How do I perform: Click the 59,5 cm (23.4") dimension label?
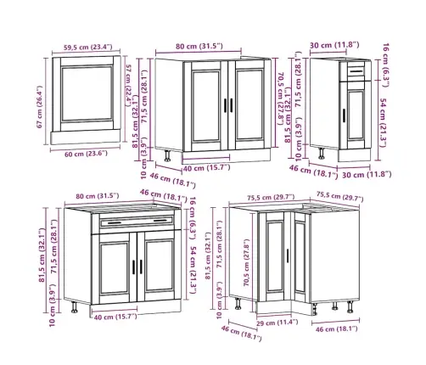coord(88,47)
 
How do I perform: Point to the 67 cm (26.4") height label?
coord(40,107)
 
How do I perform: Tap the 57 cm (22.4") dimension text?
coord(129,85)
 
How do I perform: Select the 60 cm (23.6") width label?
coord(87,154)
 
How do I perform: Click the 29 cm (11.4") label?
coord(277,323)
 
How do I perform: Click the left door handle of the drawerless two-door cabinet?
coord(226,105)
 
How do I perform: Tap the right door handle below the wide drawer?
coord(141,267)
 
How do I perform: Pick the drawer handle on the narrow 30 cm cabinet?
coord(356,71)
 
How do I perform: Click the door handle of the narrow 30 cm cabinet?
coord(344,115)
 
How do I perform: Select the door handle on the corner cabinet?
coord(288,255)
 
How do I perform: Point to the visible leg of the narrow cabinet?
coord(322,154)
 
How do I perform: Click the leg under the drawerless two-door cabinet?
coord(167,155)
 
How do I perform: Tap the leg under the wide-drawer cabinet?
coord(75,307)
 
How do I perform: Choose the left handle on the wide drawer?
coord(115,223)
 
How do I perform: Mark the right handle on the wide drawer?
coord(160,221)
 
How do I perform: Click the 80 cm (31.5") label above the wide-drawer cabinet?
coord(98,196)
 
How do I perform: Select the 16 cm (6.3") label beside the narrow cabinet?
coord(386,65)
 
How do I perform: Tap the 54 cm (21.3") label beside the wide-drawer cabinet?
coord(193,270)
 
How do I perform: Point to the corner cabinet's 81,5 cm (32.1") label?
coord(208,255)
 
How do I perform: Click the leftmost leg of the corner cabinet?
coord(238,304)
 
